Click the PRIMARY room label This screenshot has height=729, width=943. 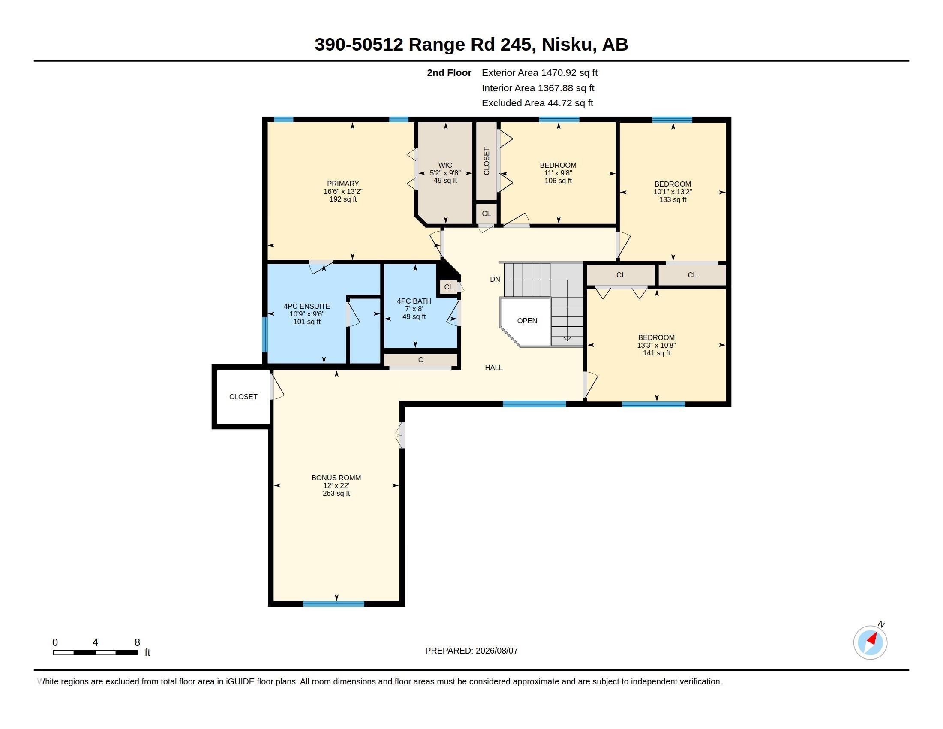(343, 184)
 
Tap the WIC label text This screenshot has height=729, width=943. (445, 165)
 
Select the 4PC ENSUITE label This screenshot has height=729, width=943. (307, 306)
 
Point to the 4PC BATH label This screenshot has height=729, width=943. (414, 301)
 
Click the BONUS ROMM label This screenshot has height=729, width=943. (336, 478)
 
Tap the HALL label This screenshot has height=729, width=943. (493, 368)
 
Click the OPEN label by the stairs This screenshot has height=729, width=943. (527, 321)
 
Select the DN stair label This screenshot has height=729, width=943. (495, 280)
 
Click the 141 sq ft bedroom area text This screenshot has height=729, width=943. (656, 353)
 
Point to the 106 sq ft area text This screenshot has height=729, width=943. (558, 181)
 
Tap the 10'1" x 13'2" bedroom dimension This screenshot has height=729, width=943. (672, 192)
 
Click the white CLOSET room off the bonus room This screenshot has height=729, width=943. (243, 397)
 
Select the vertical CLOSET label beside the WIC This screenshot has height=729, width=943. (487, 161)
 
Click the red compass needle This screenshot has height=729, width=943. (873, 639)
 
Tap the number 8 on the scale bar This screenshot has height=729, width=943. (137, 642)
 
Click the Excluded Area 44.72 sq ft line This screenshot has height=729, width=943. (537, 103)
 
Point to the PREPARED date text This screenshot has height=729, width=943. (471, 651)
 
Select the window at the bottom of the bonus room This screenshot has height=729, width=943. (333, 604)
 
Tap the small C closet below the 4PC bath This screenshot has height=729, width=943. (420, 360)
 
